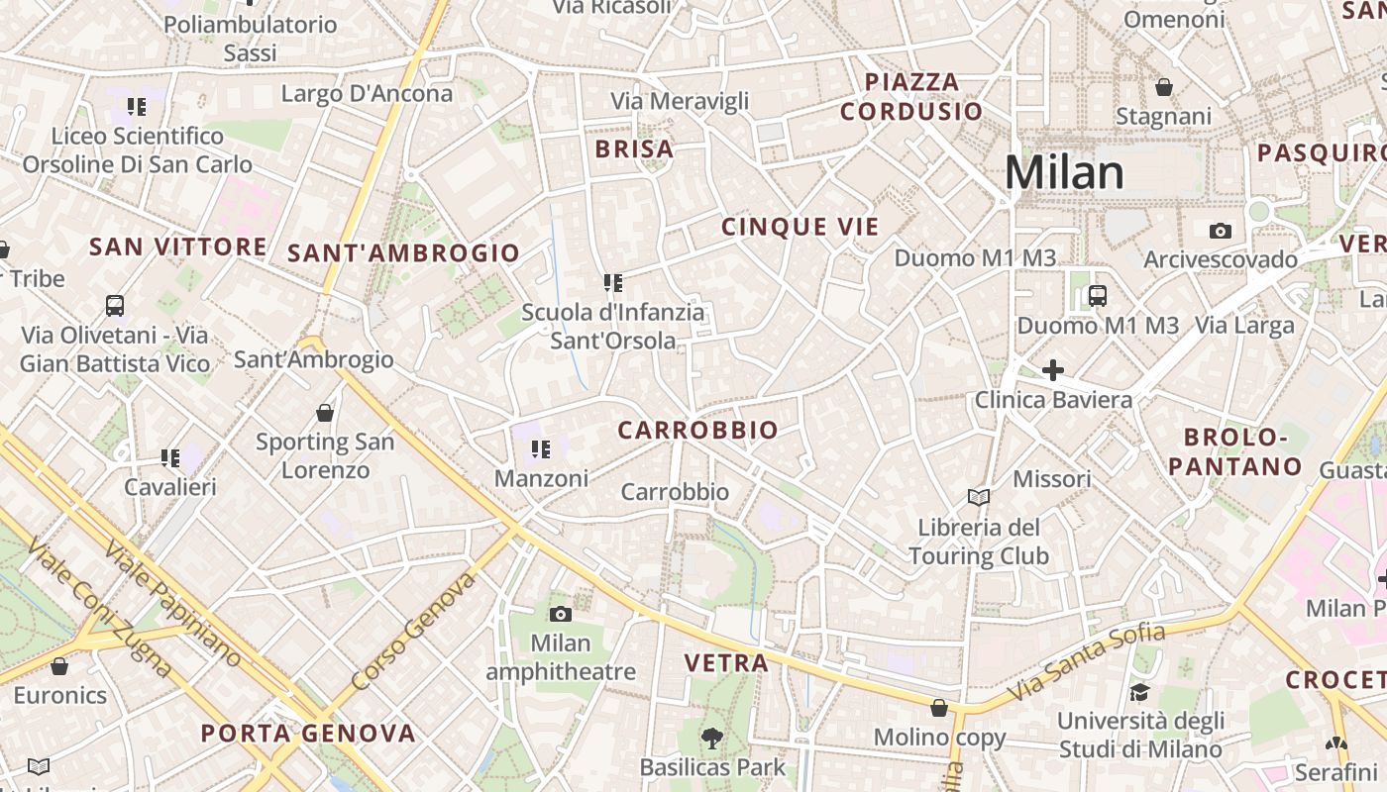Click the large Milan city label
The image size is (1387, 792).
pyautogui.click(x=1064, y=172)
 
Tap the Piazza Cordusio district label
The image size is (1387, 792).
pyautogui.click(x=911, y=96)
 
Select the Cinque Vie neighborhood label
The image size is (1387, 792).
pyautogui.click(x=800, y=227)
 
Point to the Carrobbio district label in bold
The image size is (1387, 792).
pyautogui.click(x=697, y=431)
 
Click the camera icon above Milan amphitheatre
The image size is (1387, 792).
pyautogui.click(x=561, y=614)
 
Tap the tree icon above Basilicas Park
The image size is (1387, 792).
pyautogui.click(x=711, y=737)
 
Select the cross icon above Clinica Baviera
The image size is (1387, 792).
pyautogui.click(x=1052, y=370)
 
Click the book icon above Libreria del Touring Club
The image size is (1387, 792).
pyautogui.click(x=978, y=497)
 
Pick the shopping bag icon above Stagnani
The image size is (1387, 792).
pyautogui.click(x=1163, y=87)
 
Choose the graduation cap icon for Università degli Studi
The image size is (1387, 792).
pyautogui.click(x=1139, y=691)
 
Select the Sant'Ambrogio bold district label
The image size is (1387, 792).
pyautogui.click(x=403, y=253)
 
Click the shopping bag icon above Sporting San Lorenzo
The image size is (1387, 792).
pyautogui.click(x=325, y=412)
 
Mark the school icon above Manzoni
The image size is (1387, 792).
pyautogui.click(x=540, y=449)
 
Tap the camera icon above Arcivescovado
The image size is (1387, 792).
pyautogui.click(x=1220, y=231)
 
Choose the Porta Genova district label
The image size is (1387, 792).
pyautogui.click(x=308, y=734)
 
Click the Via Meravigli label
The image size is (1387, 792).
pyautogui.click(x=680, y=101)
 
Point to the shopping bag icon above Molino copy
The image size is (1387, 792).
pyautogui.click(x=938, y=708)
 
